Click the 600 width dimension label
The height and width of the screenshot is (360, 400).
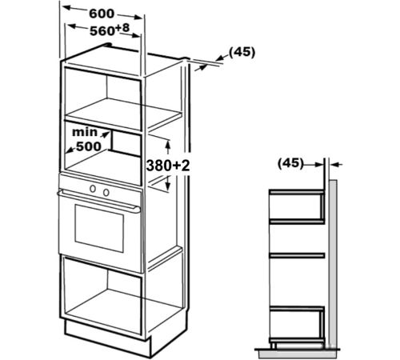tap(102, 14)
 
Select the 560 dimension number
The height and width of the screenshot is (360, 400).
tap(102, 31)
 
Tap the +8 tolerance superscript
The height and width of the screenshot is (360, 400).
tap(122, 28)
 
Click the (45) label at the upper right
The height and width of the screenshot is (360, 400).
tap(242, 52)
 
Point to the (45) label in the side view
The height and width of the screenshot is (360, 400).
tap(290, 162)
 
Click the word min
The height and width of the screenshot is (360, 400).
tap(85, 132)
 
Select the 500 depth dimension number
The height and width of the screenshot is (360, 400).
tap(89, 146)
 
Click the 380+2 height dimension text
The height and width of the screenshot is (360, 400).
tap(168, 166)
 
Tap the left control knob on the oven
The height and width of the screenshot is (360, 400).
tap(93, 189)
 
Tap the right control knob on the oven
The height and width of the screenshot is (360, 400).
tap(106, 192)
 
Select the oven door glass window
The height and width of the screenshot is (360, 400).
tap(99, 228)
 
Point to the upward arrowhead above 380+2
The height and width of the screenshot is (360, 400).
tap(168, 145)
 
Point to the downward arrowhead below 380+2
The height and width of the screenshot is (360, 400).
tap(168, 186)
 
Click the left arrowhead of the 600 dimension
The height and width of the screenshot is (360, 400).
tap(66, 8)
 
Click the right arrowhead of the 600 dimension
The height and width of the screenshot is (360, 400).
tap(138, 18)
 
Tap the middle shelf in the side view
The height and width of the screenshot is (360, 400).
tap(297, 255)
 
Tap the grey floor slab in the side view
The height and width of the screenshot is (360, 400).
tap(298, 354)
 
